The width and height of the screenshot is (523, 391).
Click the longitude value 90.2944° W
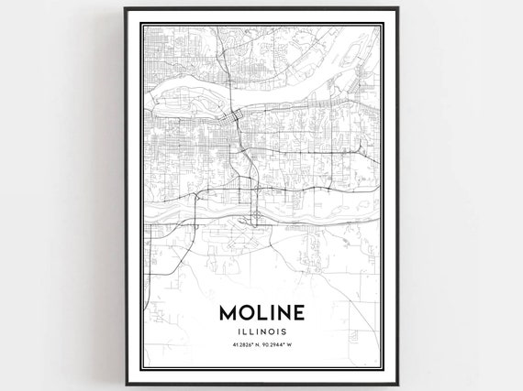point(279,346)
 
